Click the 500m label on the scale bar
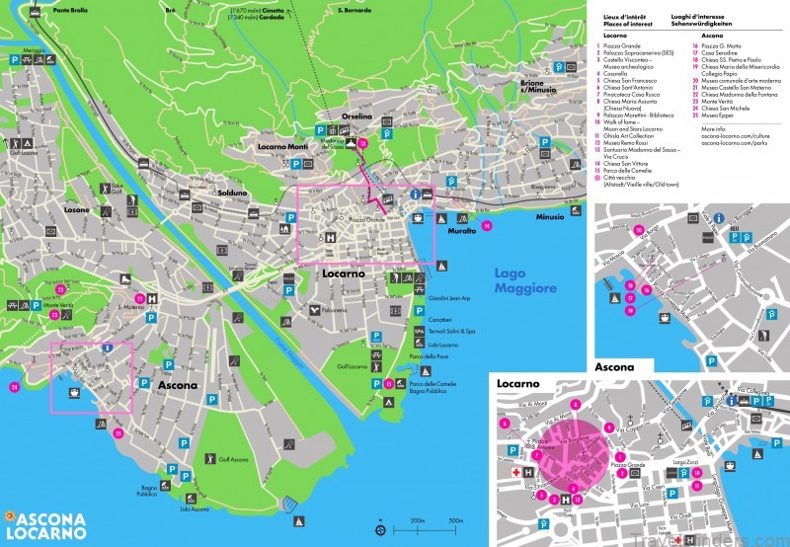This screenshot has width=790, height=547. coord(455,520)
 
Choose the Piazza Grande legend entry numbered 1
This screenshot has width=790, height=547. coord(624,45)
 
